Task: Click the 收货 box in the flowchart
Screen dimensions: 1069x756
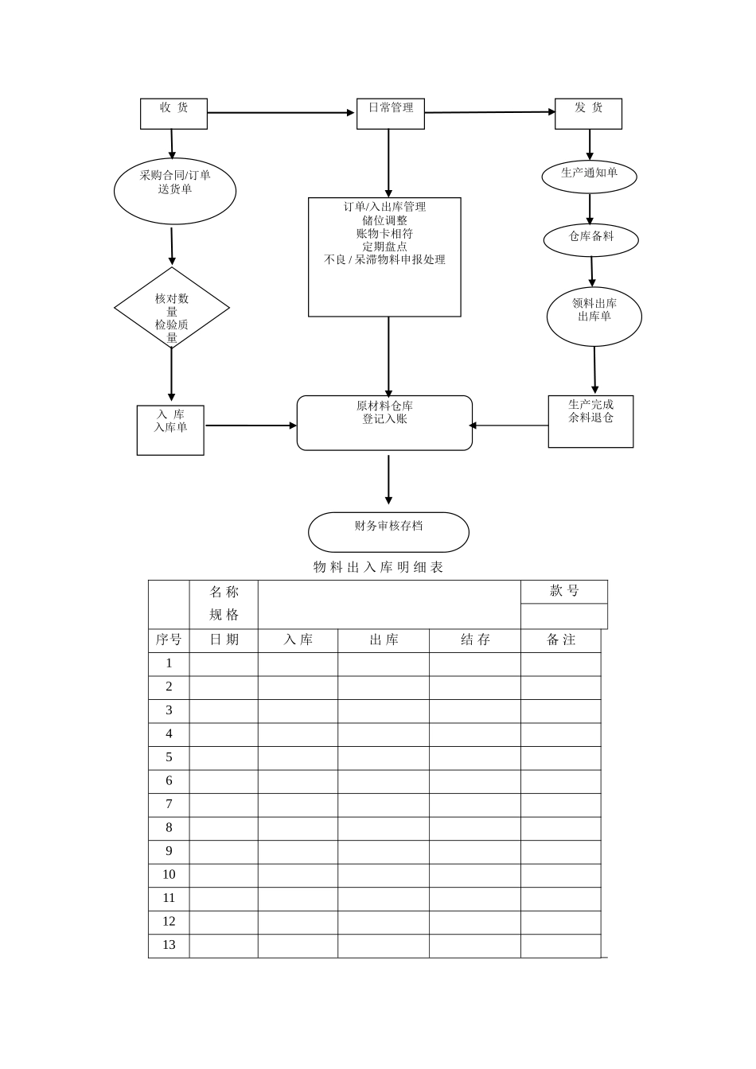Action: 173,113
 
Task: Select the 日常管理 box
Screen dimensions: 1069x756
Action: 390,113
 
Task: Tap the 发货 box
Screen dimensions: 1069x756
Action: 588,113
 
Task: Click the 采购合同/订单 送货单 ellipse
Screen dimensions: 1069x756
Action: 175,190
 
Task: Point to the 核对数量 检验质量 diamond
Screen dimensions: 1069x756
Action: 172,308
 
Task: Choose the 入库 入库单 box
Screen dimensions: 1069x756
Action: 170,430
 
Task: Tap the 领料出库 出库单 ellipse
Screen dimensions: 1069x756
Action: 594,316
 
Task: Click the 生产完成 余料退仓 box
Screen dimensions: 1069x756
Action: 590,421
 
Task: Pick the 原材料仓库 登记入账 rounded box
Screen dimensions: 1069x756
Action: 384,422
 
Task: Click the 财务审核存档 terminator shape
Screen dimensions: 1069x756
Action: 388,531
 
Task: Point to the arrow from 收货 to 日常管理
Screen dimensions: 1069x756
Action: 281,113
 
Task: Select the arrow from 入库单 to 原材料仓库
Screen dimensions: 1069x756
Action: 250,426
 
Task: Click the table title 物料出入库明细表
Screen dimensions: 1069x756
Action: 378,567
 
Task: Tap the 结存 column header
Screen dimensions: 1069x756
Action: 475,640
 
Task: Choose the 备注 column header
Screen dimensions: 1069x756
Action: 560,640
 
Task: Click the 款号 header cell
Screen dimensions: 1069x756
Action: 564,591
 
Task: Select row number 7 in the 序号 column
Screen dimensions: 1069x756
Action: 169,804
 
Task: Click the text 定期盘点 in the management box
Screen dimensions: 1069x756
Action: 384,247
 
